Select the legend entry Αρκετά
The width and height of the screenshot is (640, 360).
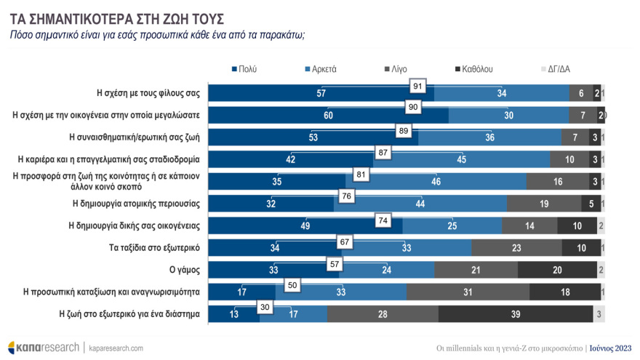pyautogui.click(x=320, y=69)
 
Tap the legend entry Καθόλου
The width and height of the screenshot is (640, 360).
pyautogui.click(x=473, y=69)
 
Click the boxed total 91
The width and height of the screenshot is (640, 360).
pyautogui.click(x=418, y=86)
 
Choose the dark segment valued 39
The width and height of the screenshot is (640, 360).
pyautogui.click(x=516, y=314)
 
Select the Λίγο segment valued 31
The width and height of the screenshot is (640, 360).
pyautogui.click(x=468, y=292)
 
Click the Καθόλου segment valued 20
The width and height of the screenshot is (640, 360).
pyautogui.click(x=556, y=270)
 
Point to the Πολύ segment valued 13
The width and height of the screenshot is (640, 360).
pyautogui.click(x=233, y=314)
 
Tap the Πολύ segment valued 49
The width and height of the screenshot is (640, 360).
pyautogui.click(x=305, y=226)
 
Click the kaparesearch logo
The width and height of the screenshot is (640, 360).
pyautogui.click(x=44, y=348)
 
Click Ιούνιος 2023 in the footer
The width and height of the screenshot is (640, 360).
pyautogui.click(x=610, y=348)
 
